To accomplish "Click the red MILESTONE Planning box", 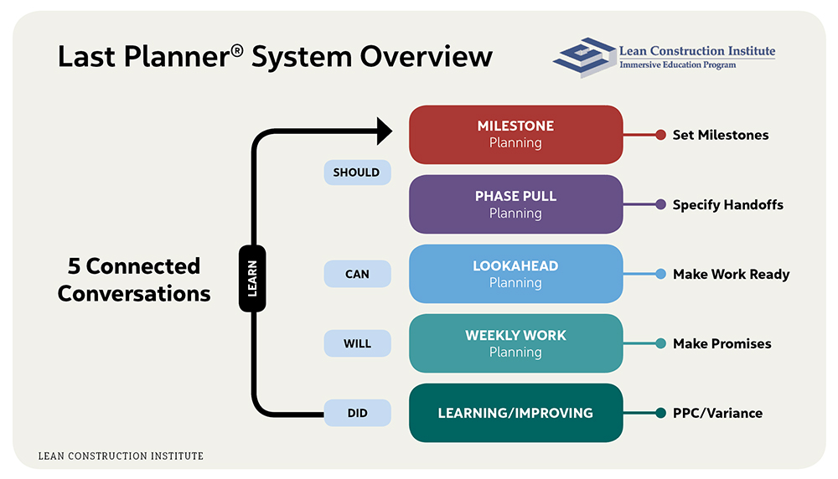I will click(515, 134).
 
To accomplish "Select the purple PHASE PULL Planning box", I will click(515, 204).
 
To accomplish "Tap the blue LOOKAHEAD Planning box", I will click(515, 274).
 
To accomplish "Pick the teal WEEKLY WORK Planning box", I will click(515, 343).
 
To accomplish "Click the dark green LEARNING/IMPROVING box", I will click(515, 413).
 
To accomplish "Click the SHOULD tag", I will click(357, 173).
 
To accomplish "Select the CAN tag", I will click(357, 274).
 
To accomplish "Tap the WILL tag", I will click(357, 343).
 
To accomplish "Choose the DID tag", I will click(357, 413).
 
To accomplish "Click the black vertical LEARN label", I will click(252, 279).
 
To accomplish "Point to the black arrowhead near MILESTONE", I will click(385, 131).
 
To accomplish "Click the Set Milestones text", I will click(720, 135).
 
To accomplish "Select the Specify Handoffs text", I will click(727, 204).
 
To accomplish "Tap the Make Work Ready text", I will click(731, 274).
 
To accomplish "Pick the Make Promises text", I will click(722, 343).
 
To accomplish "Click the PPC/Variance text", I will click(717, 413).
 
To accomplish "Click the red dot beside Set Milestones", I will click(660, 135).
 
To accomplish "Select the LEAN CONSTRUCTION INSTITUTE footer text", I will click(121, 456).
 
